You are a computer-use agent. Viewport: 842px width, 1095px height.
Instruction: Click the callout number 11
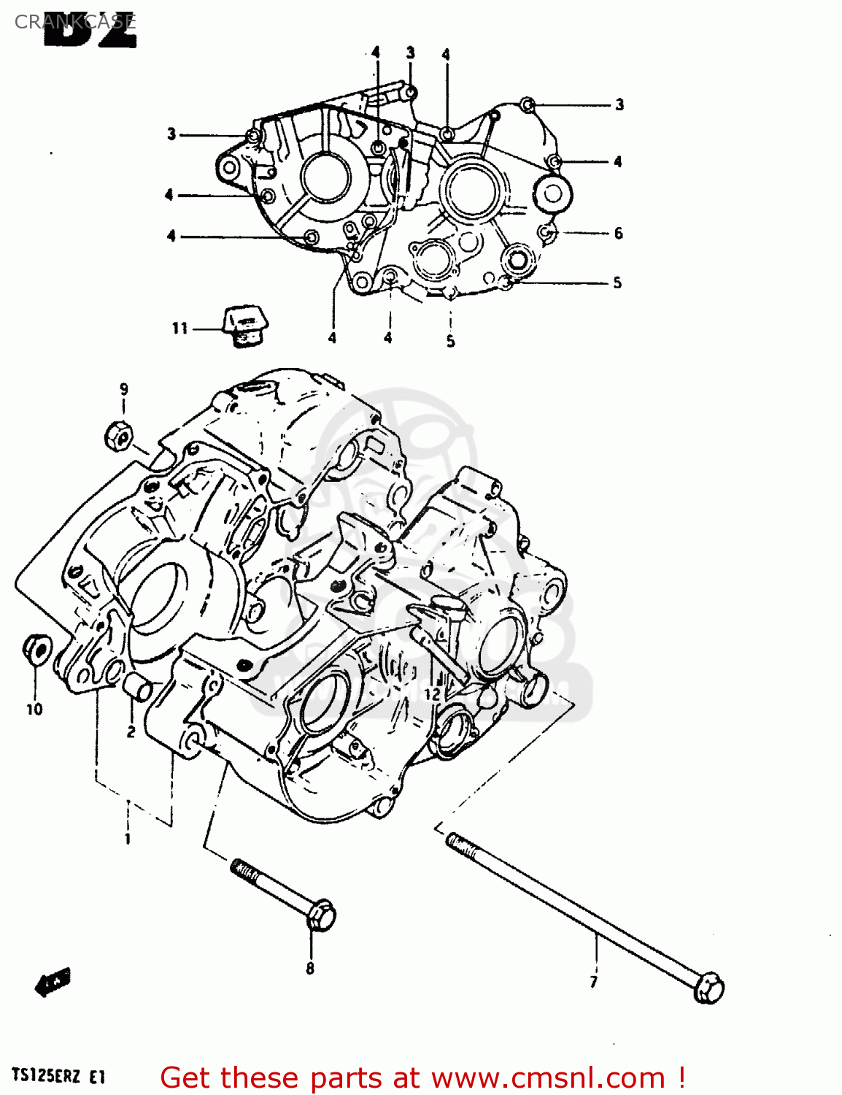pos(179,328)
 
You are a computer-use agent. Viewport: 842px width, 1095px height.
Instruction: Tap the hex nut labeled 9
pos(118,437)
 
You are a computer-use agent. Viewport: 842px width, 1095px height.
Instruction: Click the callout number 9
pos(123,389)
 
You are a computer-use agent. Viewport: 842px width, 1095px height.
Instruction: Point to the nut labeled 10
pos(36,649)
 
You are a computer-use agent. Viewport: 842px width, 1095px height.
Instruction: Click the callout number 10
pos(34,709)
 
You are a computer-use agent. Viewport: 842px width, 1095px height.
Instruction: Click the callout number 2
pos(131,731)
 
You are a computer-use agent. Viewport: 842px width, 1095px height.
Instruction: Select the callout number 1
pos(128,839)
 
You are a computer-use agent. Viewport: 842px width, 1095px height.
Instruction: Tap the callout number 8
pos(310,969)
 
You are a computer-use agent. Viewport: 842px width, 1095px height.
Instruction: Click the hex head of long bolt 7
pos(708,989)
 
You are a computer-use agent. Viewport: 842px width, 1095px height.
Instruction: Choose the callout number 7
pos(594,982)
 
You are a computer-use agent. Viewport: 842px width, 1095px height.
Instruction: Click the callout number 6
pos(618,234)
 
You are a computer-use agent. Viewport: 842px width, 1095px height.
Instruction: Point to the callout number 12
pos(432,693)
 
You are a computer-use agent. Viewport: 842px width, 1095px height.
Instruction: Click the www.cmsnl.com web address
pos(548,1077)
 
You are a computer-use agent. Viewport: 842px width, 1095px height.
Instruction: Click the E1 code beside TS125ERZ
pos(98,1076)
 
